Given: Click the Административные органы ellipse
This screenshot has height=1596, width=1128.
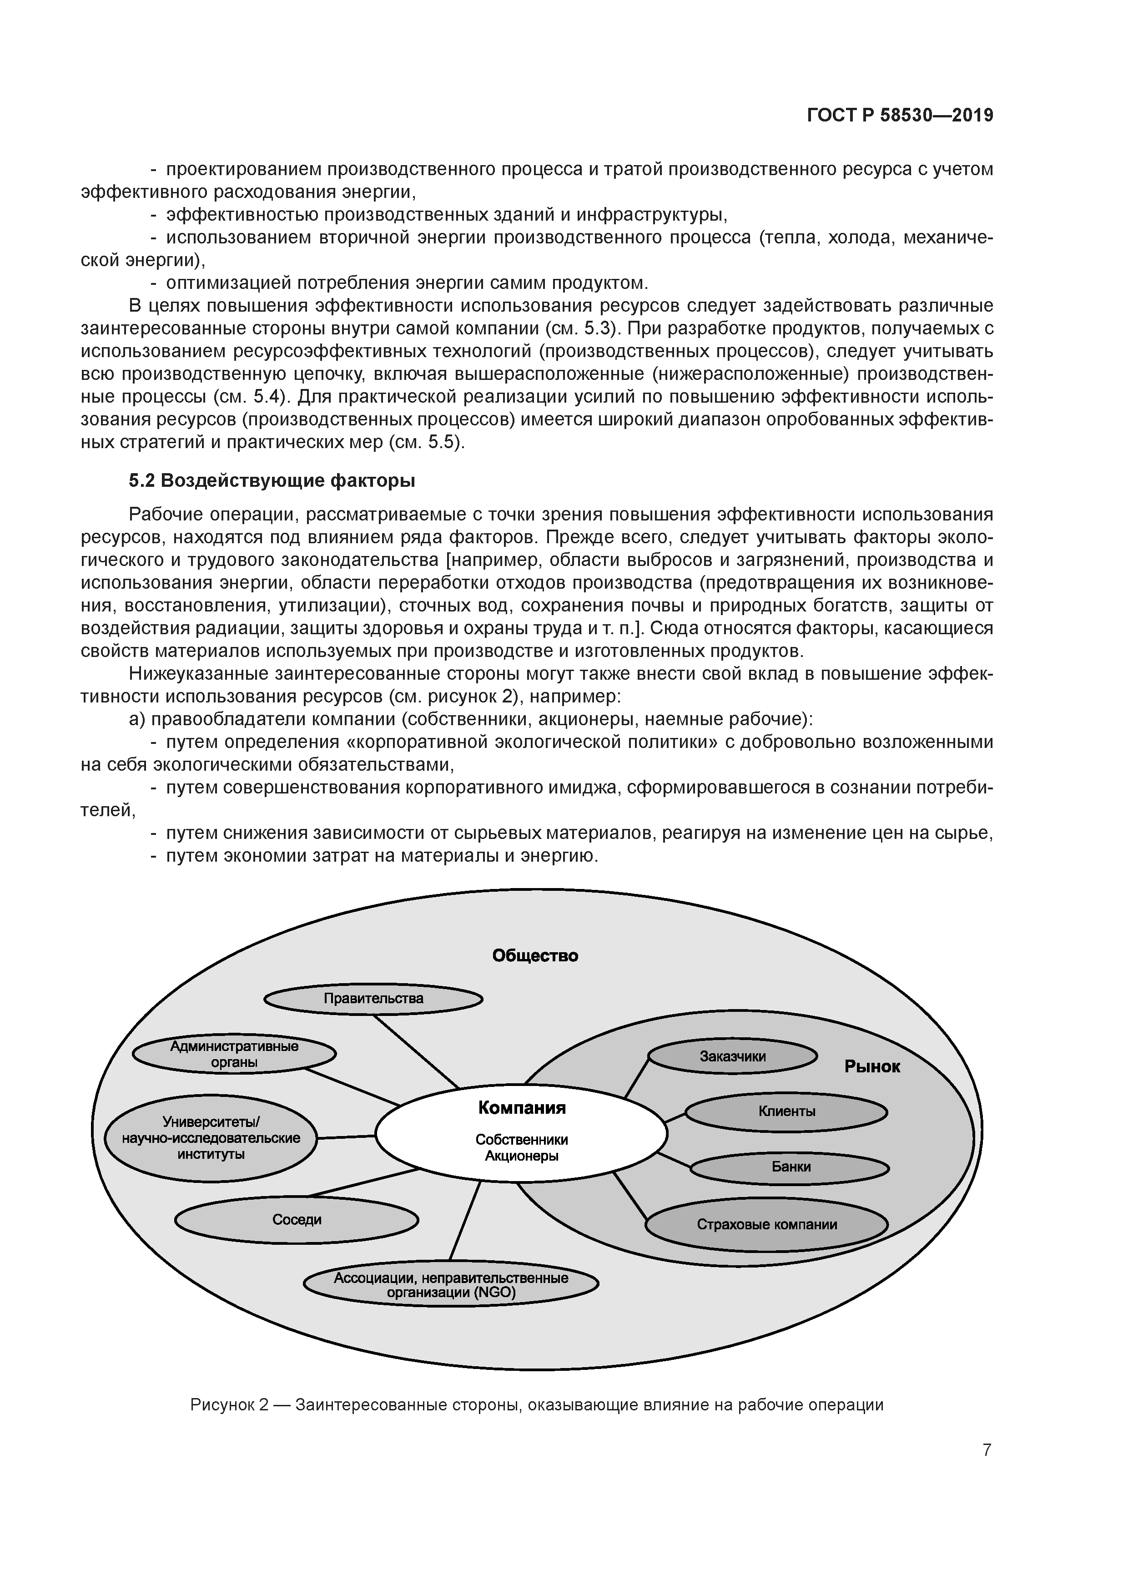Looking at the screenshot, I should (234, 1055).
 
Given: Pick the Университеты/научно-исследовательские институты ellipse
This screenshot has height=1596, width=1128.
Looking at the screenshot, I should (211, 1137).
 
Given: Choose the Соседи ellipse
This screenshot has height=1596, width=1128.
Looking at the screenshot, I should (297, 1219).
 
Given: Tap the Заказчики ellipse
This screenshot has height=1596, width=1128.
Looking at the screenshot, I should (733, 1056).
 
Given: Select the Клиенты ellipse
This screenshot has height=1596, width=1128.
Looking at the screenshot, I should (787, 1111).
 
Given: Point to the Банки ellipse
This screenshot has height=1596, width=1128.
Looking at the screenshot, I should (790, 1167).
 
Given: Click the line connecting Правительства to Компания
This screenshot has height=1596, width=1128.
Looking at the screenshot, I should (416, 1051).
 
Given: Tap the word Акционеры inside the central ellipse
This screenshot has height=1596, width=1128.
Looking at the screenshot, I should (521, 1156).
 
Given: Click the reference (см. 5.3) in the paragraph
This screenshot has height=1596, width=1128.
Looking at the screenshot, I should (585, 328).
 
